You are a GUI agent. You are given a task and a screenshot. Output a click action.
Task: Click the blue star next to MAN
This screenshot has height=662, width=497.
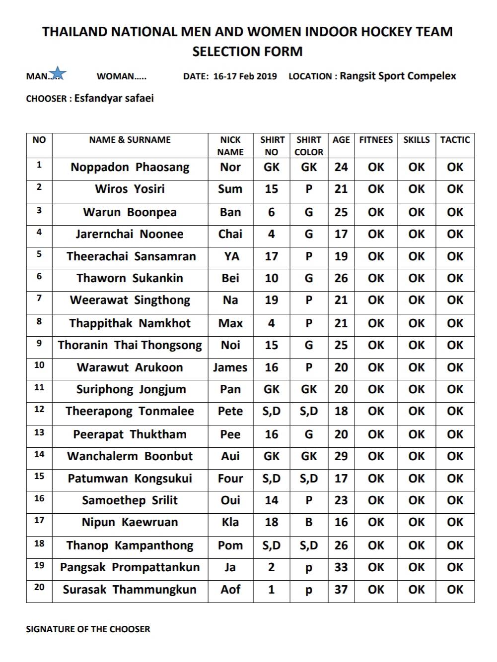pyautogui.click(x=58, y=73)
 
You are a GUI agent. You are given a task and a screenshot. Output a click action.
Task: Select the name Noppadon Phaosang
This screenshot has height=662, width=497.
pyautogui.click(x=130, y=167)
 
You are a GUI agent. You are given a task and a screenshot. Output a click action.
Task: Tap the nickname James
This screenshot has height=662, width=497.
pyautogui.click(x=230, y=367)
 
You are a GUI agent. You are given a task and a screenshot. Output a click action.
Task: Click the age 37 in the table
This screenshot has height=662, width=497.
pyautogui.click(x=341, y=590)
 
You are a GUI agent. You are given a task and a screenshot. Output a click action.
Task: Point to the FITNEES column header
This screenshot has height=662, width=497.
pyautogui.click(x=376, y=140)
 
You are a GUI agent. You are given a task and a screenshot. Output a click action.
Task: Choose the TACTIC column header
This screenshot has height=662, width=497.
pyautogui.click(x=455, y=140)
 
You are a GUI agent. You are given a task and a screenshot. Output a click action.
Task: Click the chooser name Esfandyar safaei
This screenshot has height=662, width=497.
pyautogui.click(x=114, y=98)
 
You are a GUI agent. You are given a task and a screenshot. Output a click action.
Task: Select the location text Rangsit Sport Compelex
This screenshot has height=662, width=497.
pyautogui.click(x=398, y=76)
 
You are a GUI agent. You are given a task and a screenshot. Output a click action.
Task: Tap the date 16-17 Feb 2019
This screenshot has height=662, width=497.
pyautogui.click(x=245, y=76)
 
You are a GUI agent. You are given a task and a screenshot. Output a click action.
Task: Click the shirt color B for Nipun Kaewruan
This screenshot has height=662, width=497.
pyautogui.click(x=309, y=522)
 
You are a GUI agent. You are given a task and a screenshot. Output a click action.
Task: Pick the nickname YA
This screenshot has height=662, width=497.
pyautogui.click(x=231, y=256)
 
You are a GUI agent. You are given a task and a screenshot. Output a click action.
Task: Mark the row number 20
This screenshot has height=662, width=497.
pyautogui.click(x=39, y=587)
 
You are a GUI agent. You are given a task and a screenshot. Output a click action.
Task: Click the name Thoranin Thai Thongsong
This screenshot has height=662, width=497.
pyautogui.click(x=130, y=345)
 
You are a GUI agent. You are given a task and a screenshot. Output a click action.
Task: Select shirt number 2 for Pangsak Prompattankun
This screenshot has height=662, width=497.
pyautogui.click(x=271, y=567)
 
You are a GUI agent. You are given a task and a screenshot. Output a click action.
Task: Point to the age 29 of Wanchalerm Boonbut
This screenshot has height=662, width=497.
pyautogui.click(x=341, y=456)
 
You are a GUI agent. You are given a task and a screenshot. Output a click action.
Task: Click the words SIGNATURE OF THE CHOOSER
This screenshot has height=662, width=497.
pyautogui.click(x=88, y=629)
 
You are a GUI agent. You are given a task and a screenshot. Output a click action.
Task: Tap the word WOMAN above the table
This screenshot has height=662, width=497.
pyautogui.click(x=116, y=76)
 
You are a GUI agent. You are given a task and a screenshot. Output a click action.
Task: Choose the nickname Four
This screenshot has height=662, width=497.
pyautogui.click(x=230, y=479)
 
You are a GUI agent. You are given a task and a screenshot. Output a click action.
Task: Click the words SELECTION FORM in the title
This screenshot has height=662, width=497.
pyautogui.click(x=247, y=52)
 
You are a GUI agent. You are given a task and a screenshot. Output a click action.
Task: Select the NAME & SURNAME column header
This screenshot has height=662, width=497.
pyautogui.click(x=130, y=140)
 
